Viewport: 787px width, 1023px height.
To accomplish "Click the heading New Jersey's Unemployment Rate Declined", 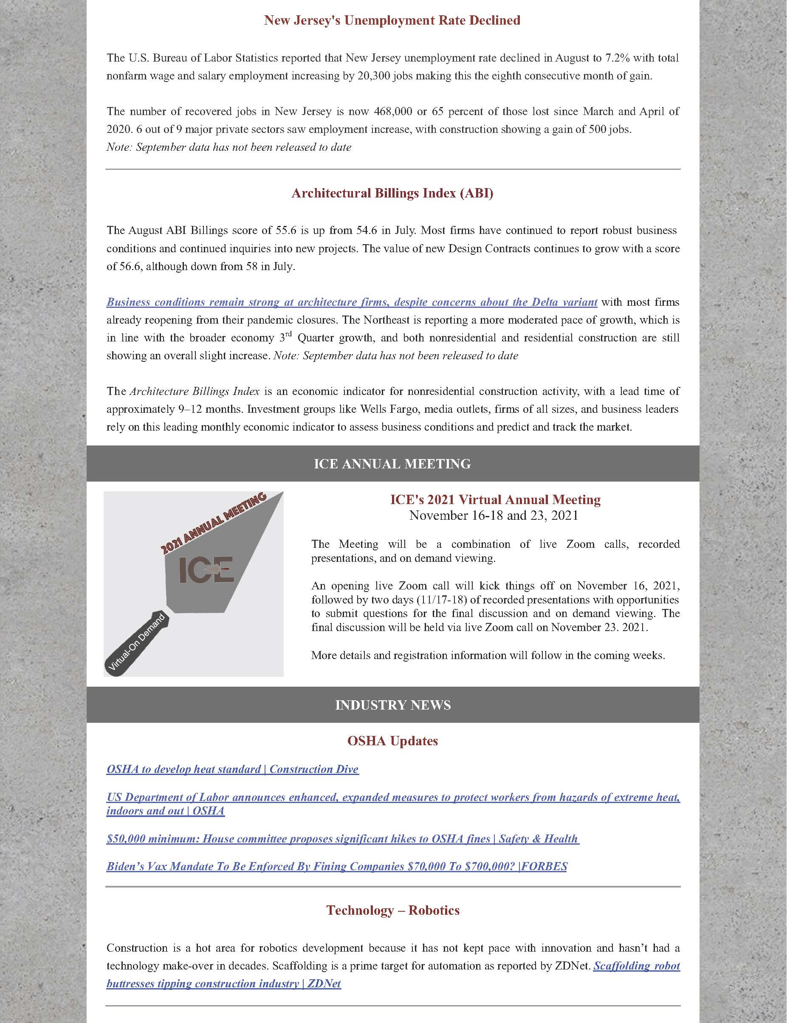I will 392,21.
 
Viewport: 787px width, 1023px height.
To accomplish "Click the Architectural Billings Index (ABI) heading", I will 392,194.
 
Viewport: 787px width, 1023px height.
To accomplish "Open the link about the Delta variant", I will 351,302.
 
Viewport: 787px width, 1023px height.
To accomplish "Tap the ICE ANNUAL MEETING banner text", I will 392,464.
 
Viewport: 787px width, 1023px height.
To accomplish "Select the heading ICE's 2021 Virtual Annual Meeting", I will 495,500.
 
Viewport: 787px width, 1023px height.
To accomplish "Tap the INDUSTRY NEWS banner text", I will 392,705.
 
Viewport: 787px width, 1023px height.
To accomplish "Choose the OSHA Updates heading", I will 392,741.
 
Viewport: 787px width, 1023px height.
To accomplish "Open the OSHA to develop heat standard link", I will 232,769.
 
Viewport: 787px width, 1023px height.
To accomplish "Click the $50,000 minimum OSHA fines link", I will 342,838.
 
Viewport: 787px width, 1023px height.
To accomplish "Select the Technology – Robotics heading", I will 392,910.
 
